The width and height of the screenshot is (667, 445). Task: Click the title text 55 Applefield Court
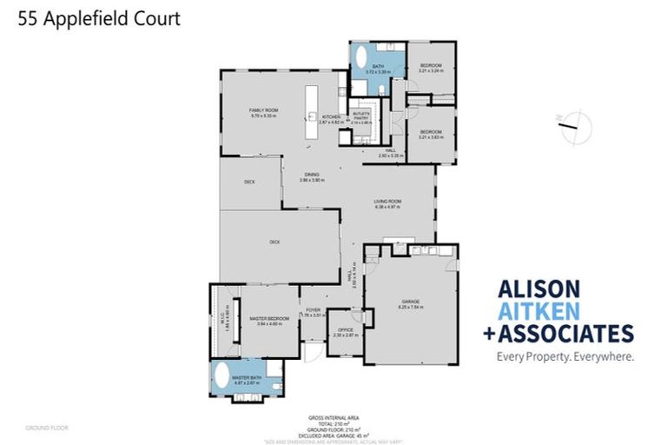click(x=99, y=18)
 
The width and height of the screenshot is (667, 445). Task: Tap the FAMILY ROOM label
click(x=262, y=112)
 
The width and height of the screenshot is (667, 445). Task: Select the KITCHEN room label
click(x=331, y=117)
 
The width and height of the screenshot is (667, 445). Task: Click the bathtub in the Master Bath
click(x=222, y=377)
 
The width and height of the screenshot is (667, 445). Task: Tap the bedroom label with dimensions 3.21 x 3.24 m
click(x=432, y=68)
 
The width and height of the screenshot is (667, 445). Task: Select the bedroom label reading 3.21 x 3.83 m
click(x=432, y=135)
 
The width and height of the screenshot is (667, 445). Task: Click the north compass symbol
click(x=570, y=130)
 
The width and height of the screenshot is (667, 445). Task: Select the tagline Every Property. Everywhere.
click(x=565, y=355)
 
